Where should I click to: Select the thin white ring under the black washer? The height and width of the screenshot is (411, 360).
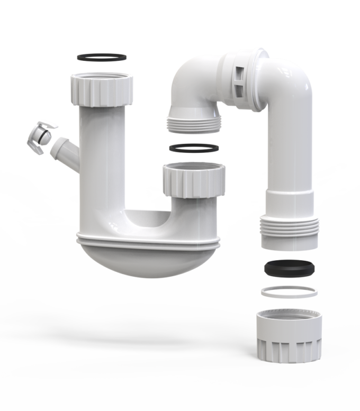tap(290, 291)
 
